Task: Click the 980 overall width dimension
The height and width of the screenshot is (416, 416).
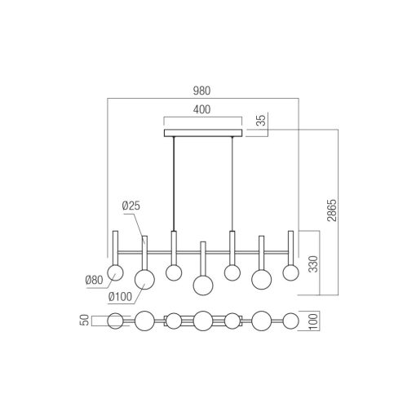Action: point(203,92)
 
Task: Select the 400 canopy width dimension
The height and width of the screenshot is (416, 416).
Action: point(203,110)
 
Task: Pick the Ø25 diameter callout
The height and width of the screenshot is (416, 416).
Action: point(131,207)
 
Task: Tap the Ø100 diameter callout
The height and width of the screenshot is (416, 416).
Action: point(119,297)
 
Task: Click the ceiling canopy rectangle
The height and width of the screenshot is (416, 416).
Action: point(203,133)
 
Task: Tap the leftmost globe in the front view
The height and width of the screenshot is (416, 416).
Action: point(116,272)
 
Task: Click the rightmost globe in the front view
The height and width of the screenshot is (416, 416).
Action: point(290,272)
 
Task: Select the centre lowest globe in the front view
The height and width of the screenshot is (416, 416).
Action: point(203,285)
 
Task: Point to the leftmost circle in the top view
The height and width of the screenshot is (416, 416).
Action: point(116,320)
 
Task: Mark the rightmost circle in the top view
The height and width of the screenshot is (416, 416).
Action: point(290,320)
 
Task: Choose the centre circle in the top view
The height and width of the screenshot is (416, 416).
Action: point(203,320)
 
